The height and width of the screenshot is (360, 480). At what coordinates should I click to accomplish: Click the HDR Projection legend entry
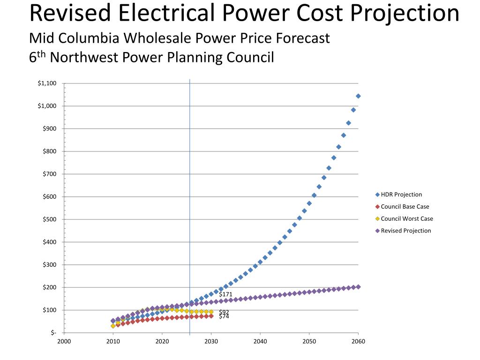(401, 195)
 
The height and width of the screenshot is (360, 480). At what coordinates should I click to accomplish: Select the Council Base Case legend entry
(405, 207)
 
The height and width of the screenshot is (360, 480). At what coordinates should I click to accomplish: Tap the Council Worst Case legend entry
(407, 218)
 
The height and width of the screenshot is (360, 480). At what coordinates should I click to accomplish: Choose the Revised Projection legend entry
(405, 231)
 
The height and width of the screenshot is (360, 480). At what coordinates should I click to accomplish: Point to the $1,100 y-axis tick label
(47, 83)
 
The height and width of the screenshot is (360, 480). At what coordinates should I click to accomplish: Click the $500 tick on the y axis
(49, 219)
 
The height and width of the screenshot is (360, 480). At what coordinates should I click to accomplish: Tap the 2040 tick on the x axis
(260, 341)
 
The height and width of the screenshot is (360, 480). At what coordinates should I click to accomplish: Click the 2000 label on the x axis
(64, 341)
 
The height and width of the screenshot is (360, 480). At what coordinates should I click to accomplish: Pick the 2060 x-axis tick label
(358, 341)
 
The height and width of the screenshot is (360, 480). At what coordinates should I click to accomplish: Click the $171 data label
(225, 294)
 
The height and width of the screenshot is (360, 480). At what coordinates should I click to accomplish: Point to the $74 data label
(224, 316)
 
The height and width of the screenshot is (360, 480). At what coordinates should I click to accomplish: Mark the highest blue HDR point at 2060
(358, 96)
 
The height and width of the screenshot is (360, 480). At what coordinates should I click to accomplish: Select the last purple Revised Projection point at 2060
(358, 287)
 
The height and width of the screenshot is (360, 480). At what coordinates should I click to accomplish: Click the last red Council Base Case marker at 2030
(211, 316)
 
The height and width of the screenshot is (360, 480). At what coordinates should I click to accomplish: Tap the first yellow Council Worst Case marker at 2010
(113, 326)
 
